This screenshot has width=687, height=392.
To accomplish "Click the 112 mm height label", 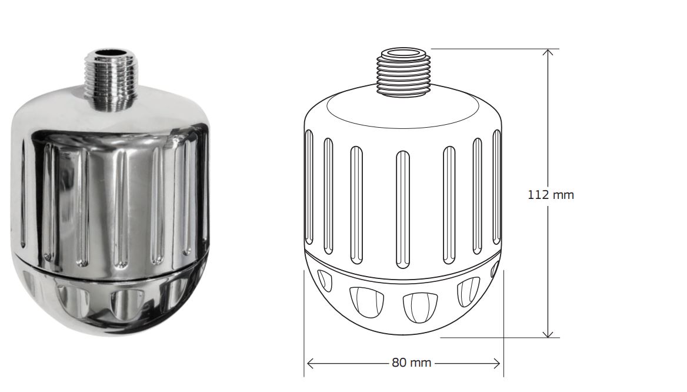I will [x=550, y=195].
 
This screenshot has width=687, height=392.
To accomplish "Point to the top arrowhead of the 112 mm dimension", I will [x=548, y=52].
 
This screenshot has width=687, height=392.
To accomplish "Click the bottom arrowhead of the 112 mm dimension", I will [x=548, y=334].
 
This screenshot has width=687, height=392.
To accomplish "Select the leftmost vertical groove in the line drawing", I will [x=309, y=188].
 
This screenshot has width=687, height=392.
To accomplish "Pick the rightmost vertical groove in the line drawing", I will [x=496, y=188].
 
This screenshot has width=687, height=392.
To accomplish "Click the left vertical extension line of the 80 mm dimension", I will [x=304, y=347].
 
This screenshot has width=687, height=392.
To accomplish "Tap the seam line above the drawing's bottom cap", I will [x=403, y=268].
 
